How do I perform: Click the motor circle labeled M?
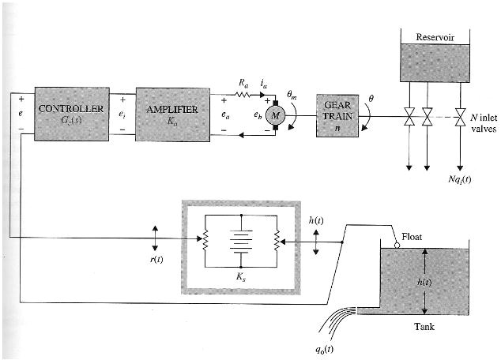point(276,115)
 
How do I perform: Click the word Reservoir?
point(436,36)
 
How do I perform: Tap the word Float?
point(413,236)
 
